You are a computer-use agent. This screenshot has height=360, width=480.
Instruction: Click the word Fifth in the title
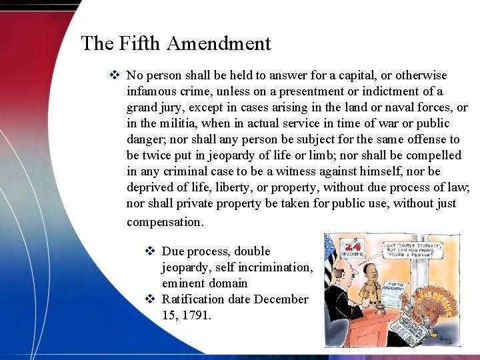(141, 44)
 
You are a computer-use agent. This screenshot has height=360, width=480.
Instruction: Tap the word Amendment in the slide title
(219, 44)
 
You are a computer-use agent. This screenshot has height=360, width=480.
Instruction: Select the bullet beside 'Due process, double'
(150, 251)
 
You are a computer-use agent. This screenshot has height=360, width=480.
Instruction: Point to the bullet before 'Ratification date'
(150, 299)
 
